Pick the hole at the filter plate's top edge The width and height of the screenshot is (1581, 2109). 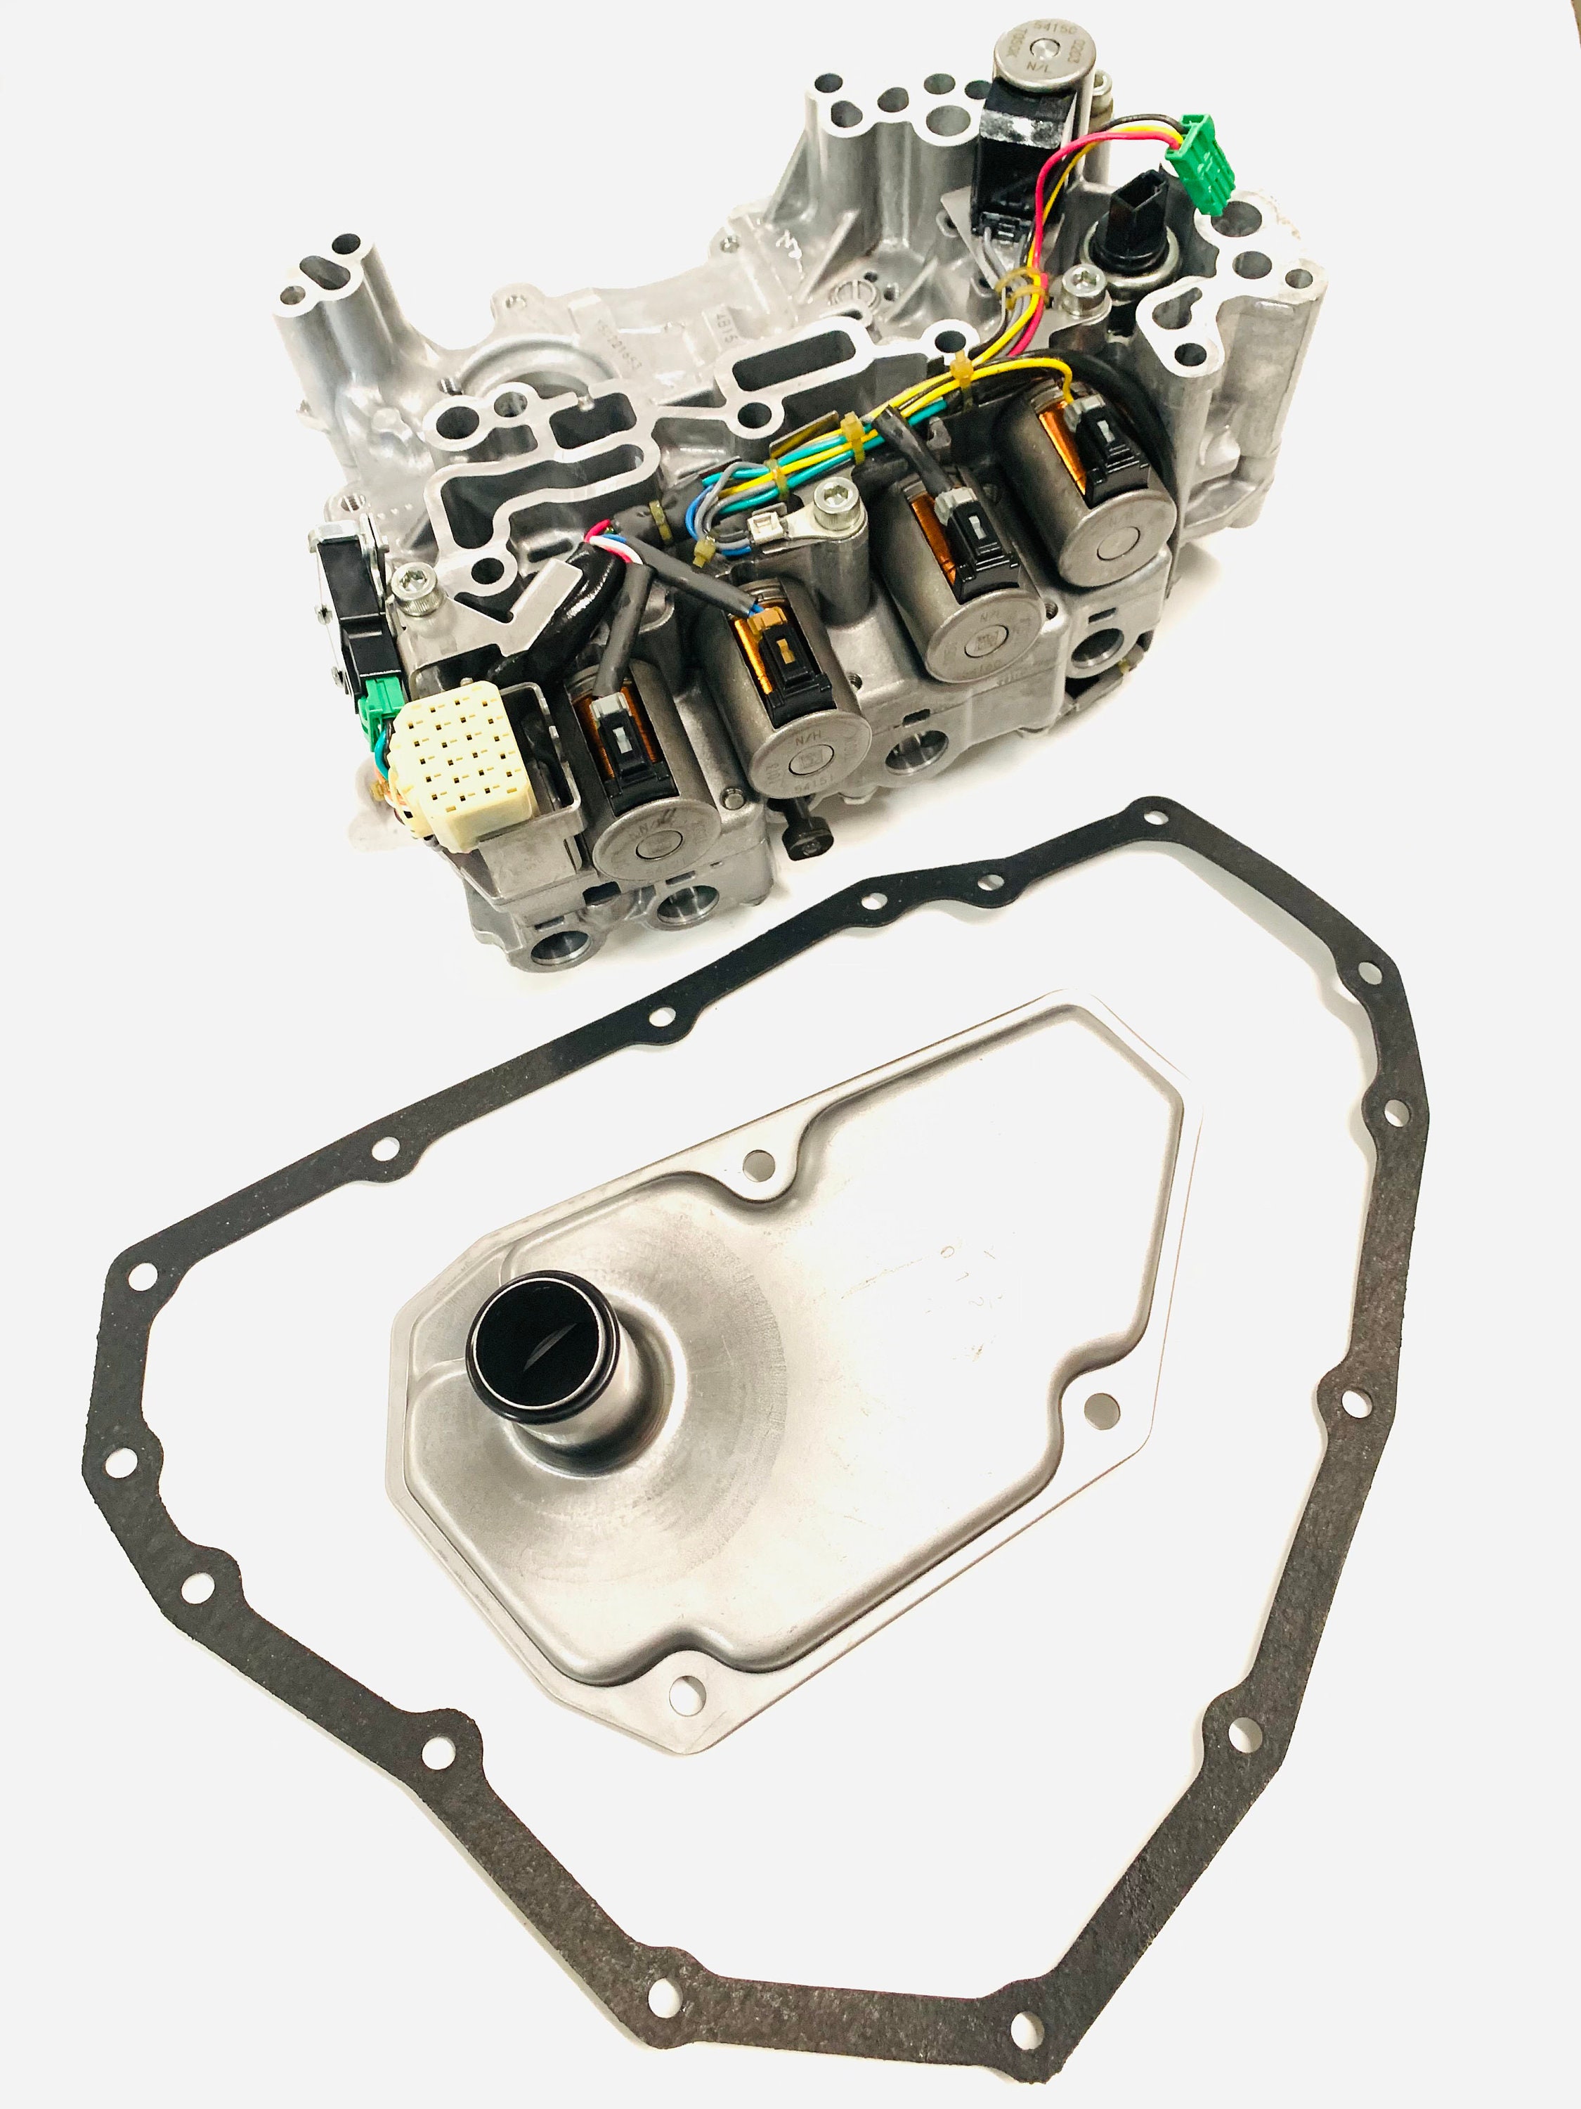(757, 1161)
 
